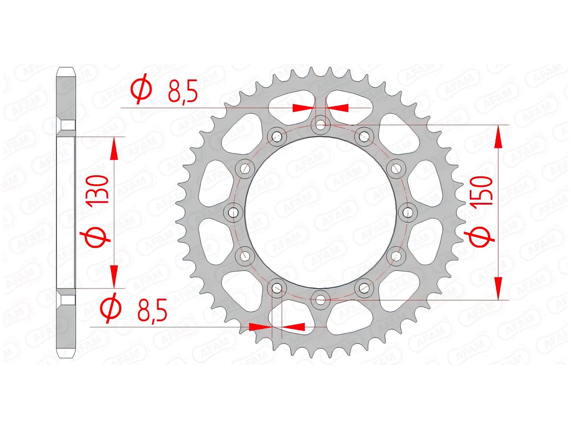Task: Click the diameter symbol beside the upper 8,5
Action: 142,88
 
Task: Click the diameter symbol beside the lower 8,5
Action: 111,308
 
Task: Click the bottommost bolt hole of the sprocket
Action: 321,300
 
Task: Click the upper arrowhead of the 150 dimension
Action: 498,137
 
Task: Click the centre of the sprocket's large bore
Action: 321,212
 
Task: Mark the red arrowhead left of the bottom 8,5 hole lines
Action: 260,327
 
